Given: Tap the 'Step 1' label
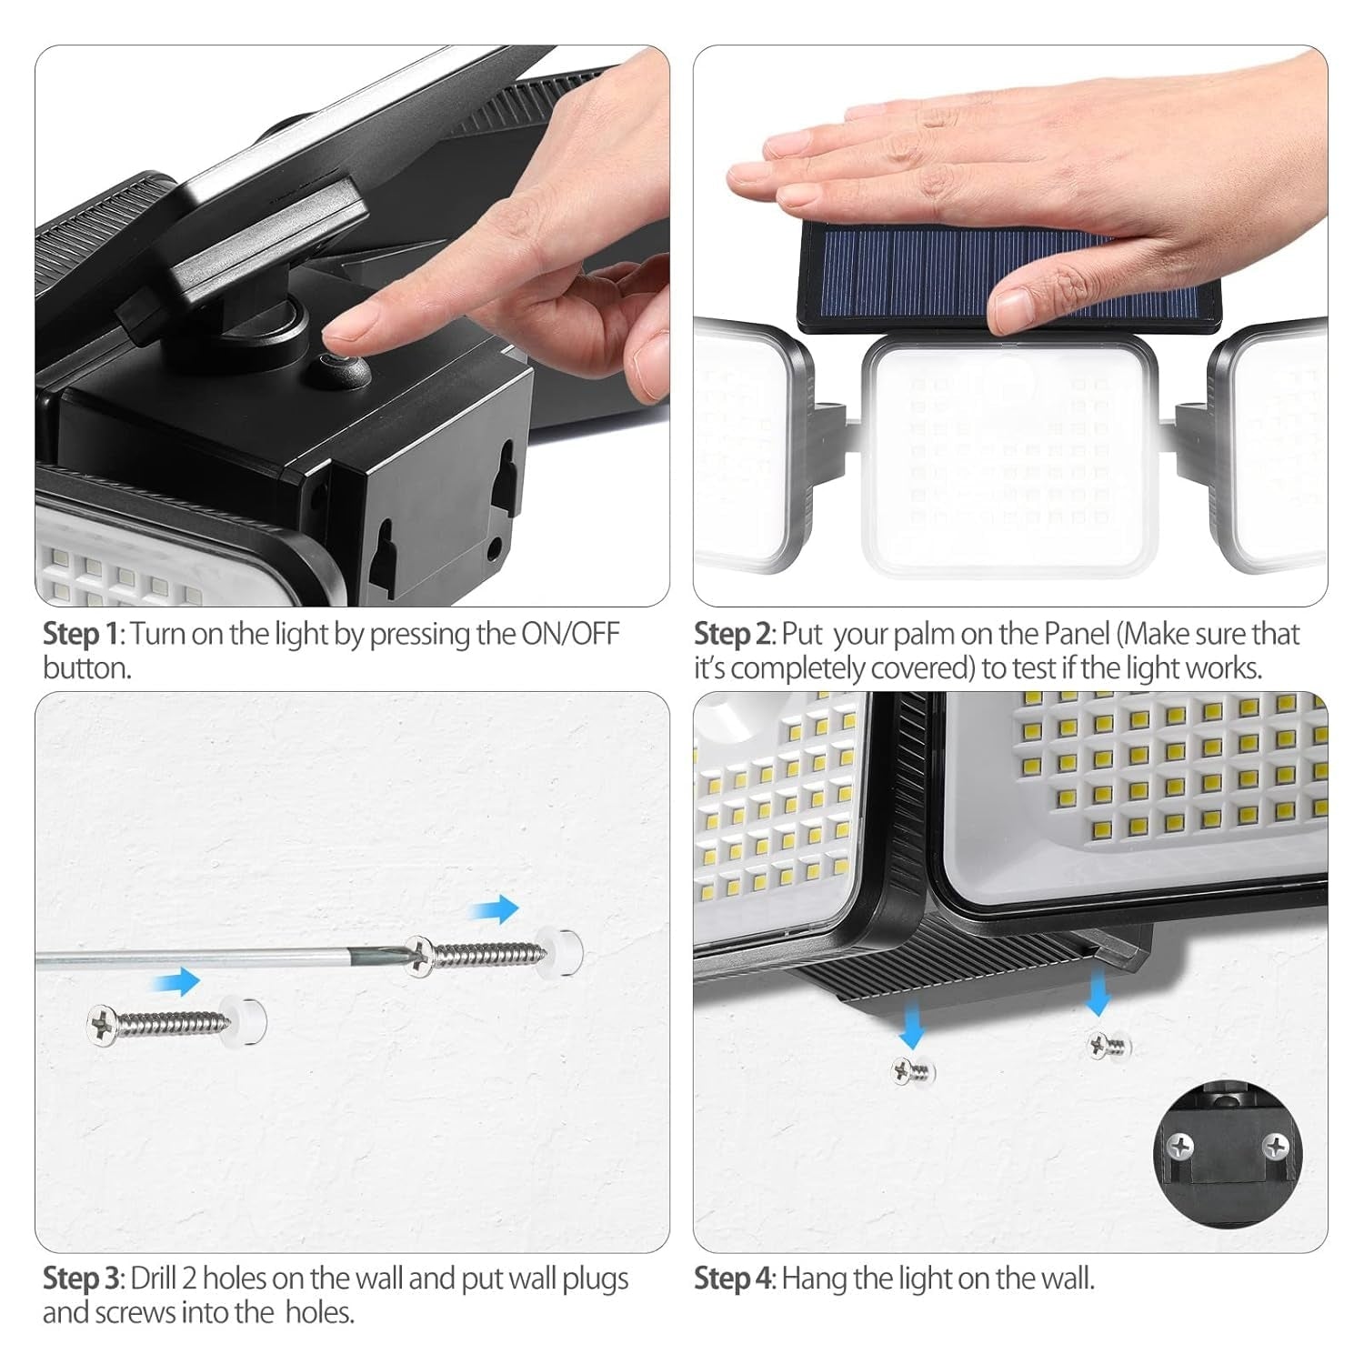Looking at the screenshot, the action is point(82,634).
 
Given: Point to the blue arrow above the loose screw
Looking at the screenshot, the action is point(176,981).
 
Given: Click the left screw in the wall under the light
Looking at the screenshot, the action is point(913,1073).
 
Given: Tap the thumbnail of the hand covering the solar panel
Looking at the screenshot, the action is point(1010,326).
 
